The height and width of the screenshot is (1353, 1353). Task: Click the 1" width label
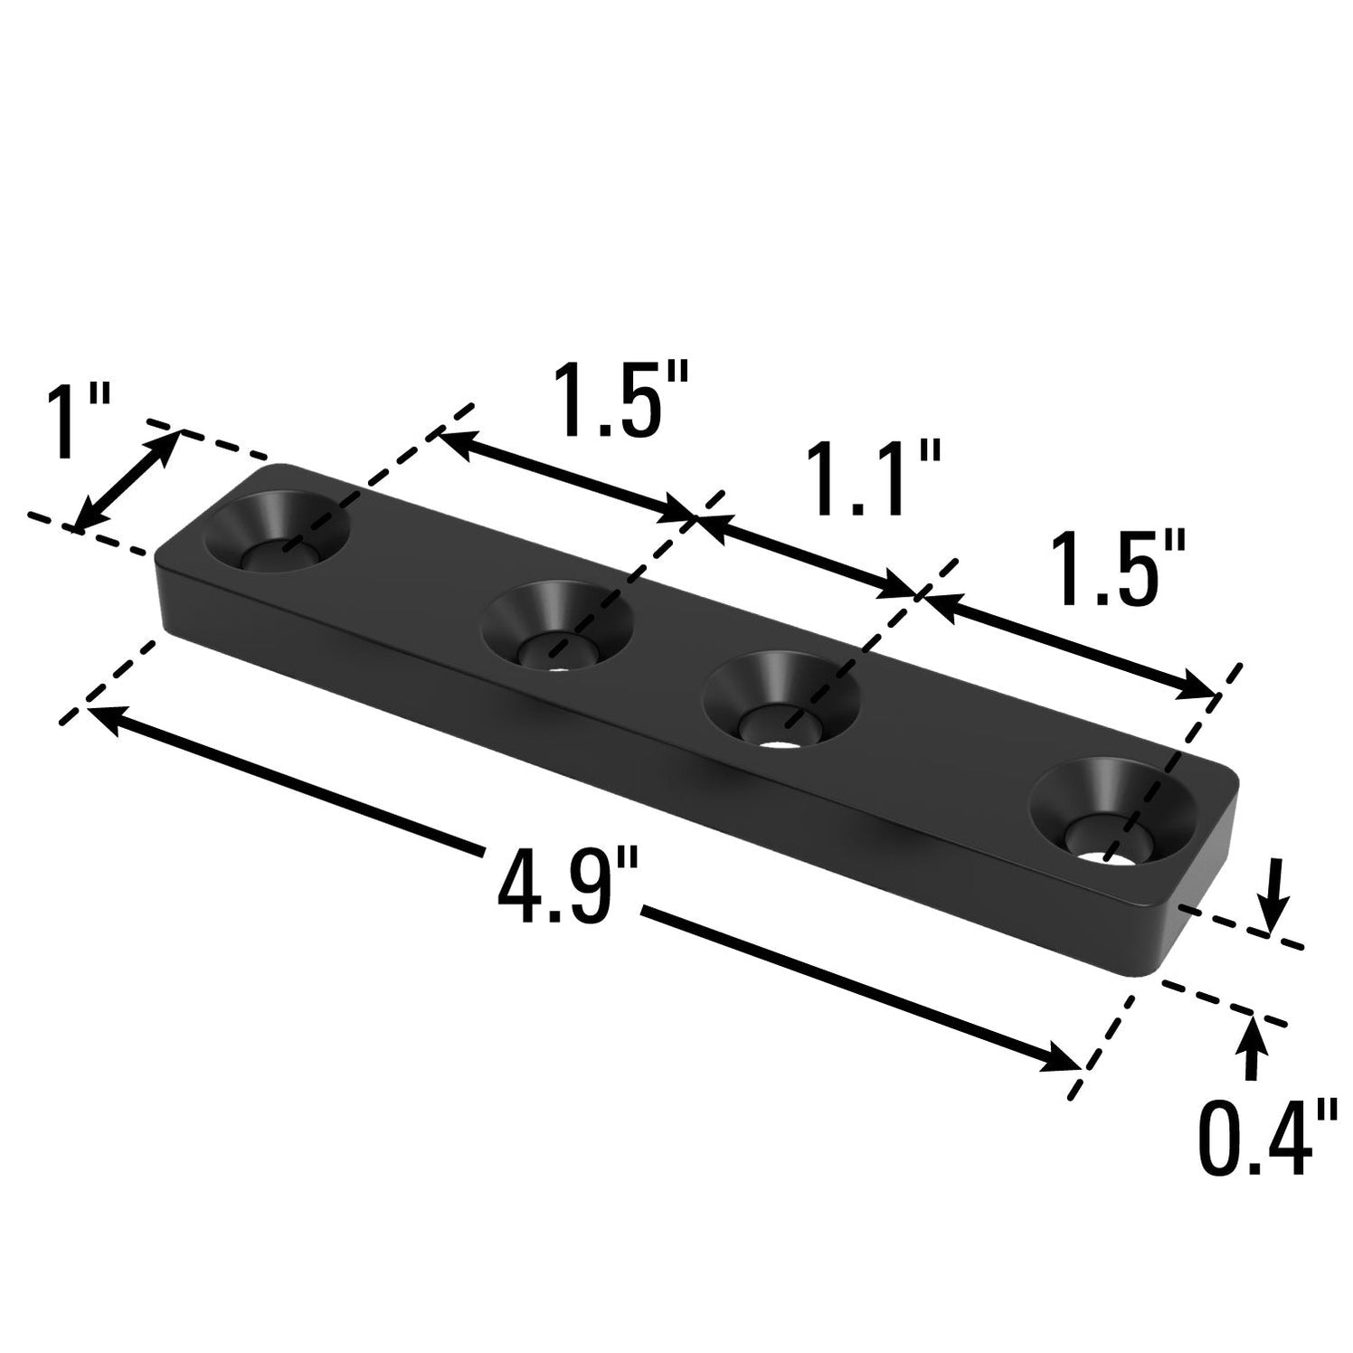[x=76, y=421]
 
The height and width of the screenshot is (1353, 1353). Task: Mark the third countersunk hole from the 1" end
[x=780, y=702]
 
